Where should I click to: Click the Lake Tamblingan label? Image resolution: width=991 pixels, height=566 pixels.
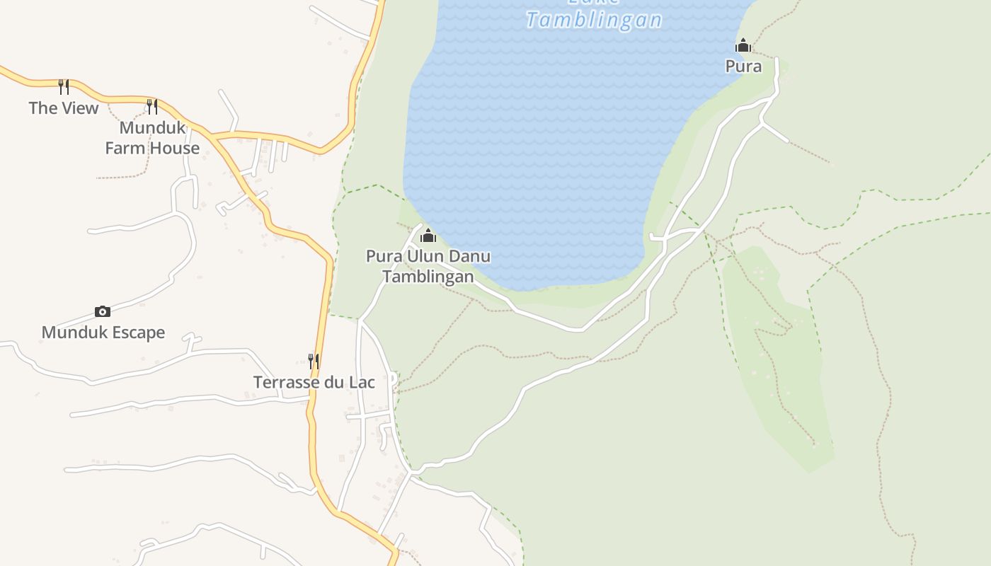point(594,19)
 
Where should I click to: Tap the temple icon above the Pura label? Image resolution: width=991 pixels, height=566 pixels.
point(743,46)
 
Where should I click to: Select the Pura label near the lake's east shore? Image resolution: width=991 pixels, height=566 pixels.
point(743,66)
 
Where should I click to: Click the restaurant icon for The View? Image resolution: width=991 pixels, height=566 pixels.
point(64,86)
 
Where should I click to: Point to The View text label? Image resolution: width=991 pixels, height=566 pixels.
point(64,108)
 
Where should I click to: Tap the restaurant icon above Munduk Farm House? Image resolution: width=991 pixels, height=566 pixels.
point(152,106)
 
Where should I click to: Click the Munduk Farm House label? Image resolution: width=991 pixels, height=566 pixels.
point(152,138)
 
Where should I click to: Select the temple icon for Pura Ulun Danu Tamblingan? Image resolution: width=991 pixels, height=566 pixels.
point(428,236)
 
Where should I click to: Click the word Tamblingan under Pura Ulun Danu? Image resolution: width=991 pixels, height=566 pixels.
point(428,277)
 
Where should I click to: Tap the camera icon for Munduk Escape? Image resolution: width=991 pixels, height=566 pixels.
point(103,311)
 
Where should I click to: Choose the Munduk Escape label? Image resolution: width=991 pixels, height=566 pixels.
point(103,333)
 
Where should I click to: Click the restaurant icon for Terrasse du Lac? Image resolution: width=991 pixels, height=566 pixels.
point(314,361)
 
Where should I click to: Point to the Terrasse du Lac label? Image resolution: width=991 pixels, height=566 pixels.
point(314,382)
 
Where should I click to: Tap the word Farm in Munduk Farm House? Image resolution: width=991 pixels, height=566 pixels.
point(123,149)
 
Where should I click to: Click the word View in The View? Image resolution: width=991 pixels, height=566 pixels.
point(79,108)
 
